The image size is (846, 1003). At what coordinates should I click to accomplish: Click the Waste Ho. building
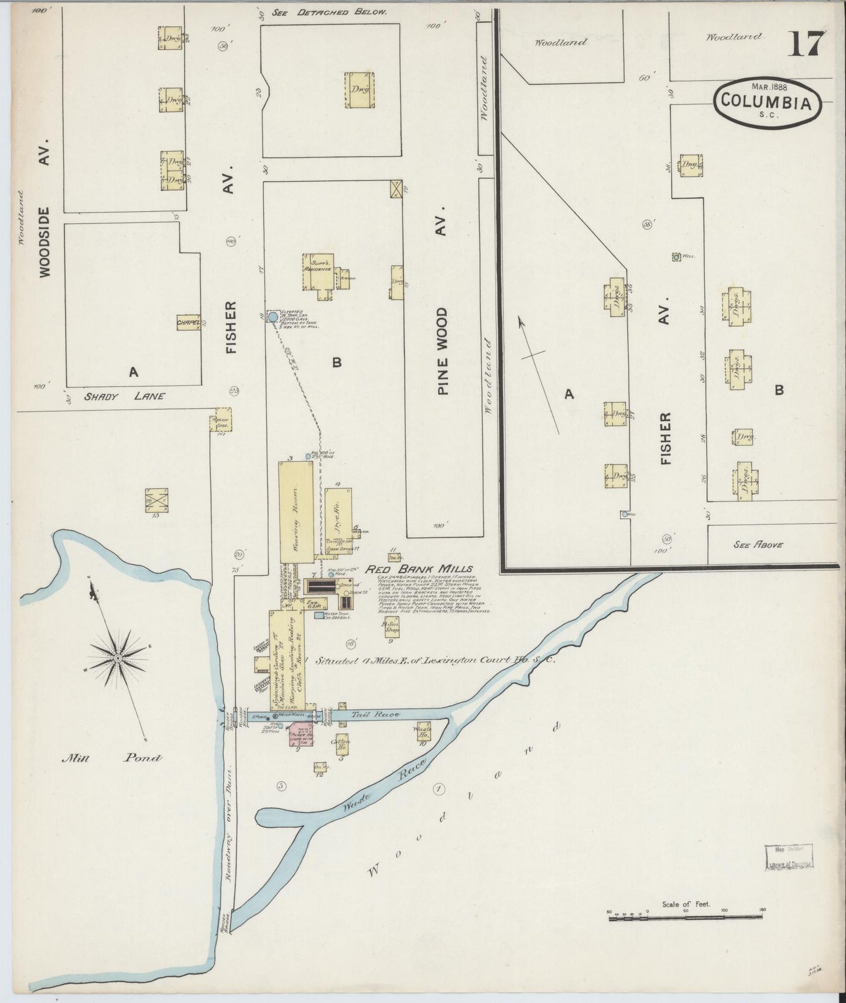click(424, 732)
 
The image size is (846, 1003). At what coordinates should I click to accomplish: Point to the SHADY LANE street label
click(125, 396)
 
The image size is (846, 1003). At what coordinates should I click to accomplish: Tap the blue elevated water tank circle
click(272, 317)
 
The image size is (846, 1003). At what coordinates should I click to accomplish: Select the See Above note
click(758, 544)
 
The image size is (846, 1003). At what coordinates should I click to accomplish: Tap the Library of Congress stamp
click(789, 858)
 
